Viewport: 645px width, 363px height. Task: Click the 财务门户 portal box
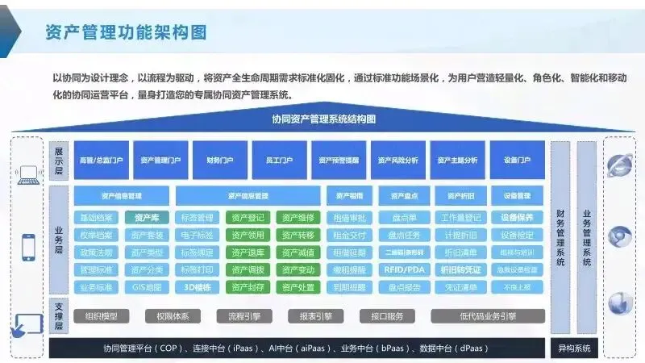[220, 161]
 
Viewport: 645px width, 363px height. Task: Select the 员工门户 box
[279, 161]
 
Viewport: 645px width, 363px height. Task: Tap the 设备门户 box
[517, 161]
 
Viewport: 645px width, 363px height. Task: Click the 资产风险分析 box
[398, 161]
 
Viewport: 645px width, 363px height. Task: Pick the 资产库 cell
[147, 218]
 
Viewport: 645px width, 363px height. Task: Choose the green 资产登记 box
[247, 218]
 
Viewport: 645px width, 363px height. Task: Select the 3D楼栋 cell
[197, 287]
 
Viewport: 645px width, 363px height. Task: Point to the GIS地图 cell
[147, 287]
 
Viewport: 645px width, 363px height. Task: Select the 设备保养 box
[517, 218]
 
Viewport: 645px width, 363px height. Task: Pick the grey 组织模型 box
[101, 316]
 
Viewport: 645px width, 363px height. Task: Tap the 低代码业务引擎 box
[488, 316]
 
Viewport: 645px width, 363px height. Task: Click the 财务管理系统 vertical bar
[560, 238]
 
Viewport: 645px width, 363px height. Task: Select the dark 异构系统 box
[574, 348]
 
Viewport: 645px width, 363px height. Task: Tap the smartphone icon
[29, 246]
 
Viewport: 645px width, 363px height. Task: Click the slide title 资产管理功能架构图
[126, 32]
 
